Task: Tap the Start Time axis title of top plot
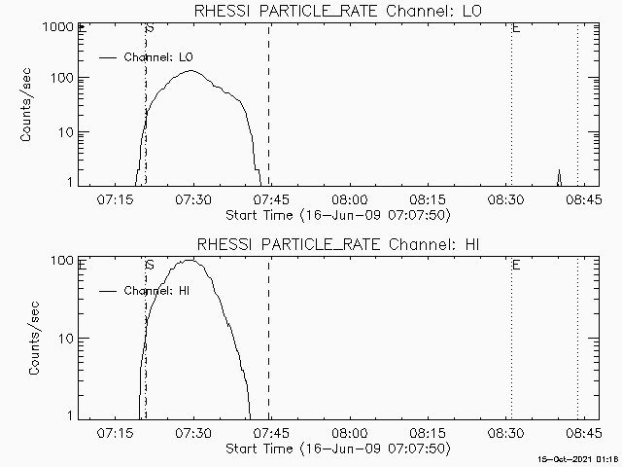pyautogui.click(x=335, y=214)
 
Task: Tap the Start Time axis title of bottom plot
pyautogui.click(x=335, y=448)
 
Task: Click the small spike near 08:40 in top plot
pyautogui.click(x=559, y=176)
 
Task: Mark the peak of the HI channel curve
pyautogui.click(x=190, y=260)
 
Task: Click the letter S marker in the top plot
pyautogui.click(x=149, y=28)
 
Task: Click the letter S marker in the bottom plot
pyautogui.click(x=149, y=264)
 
